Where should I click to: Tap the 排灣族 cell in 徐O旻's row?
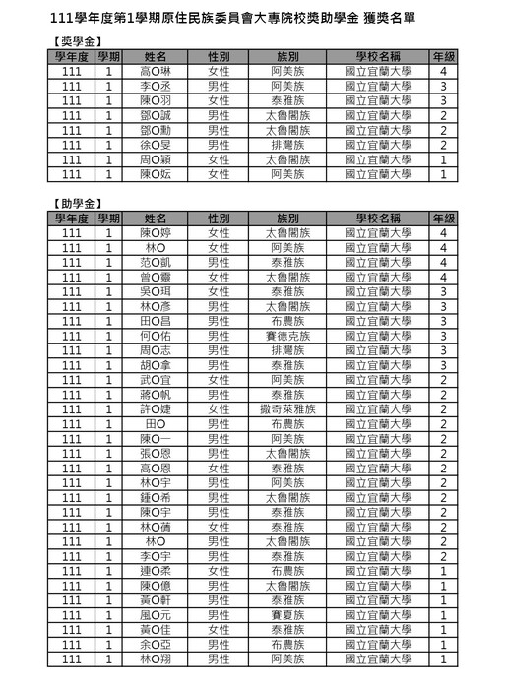[288, 145]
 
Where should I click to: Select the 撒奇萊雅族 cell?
[288, 408]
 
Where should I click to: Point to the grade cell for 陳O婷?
[444, 233]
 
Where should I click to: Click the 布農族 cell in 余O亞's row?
[288, 644]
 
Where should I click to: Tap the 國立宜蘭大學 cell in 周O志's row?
[379, 350]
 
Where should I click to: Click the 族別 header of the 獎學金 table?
[288, 57]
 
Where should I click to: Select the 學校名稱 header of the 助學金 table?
[379, 219]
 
